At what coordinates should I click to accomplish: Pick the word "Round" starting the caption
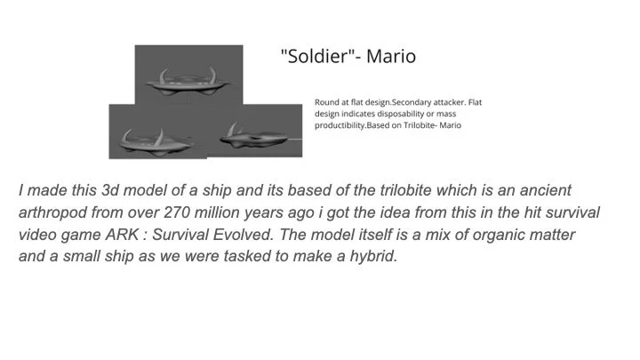(x=327, y=102)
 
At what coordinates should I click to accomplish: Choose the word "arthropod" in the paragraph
(x=55, y=212)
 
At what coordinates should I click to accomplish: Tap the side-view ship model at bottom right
(x=258, y=136)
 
